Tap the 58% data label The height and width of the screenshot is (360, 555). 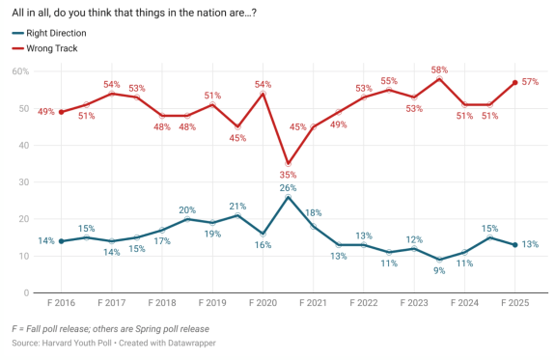click(438, 69)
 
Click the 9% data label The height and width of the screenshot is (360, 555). click(439, 271)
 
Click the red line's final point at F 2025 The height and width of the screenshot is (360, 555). click(514, 82)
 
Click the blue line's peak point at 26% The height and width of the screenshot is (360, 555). click(288, 197)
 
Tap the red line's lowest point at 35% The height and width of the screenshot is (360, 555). click(288, 164)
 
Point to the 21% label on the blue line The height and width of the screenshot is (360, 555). click(236, 205)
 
